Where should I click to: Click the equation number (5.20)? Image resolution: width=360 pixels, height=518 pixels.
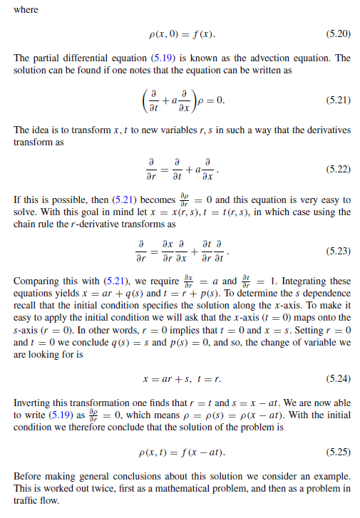click(x=337, y=34)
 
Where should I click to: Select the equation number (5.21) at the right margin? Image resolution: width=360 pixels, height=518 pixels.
click(x=337, y=100)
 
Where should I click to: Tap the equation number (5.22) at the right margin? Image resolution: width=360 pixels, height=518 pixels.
click(x=337, y=169)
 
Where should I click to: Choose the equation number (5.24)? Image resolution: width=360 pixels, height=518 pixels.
click(x=337, y=375)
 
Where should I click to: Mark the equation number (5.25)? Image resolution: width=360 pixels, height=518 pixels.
click(x=337, y=451)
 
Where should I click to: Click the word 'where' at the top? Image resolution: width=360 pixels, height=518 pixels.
click(x=25, y=10)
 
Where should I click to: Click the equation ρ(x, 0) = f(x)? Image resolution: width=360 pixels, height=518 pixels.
click(x=181, y=34)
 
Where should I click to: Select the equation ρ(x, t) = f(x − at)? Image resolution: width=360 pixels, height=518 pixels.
click(x=180, y=451)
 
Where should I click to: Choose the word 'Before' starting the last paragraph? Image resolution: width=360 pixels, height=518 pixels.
click(x=28, y=476)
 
